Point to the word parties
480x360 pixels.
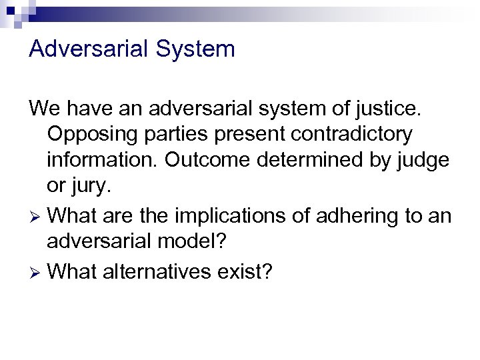click(175, 134)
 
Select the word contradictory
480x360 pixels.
click(349, 134)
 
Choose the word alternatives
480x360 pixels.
click(164, 271)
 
